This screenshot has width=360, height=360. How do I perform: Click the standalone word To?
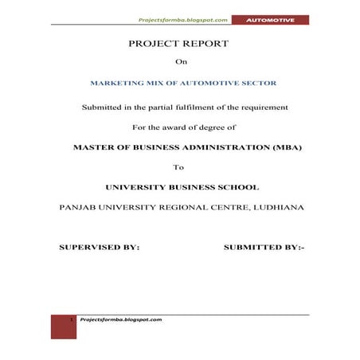178,167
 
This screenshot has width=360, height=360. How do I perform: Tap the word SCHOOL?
236,187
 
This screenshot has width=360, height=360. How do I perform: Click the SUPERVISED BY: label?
100,248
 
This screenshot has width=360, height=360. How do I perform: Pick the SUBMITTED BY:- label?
264,248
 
